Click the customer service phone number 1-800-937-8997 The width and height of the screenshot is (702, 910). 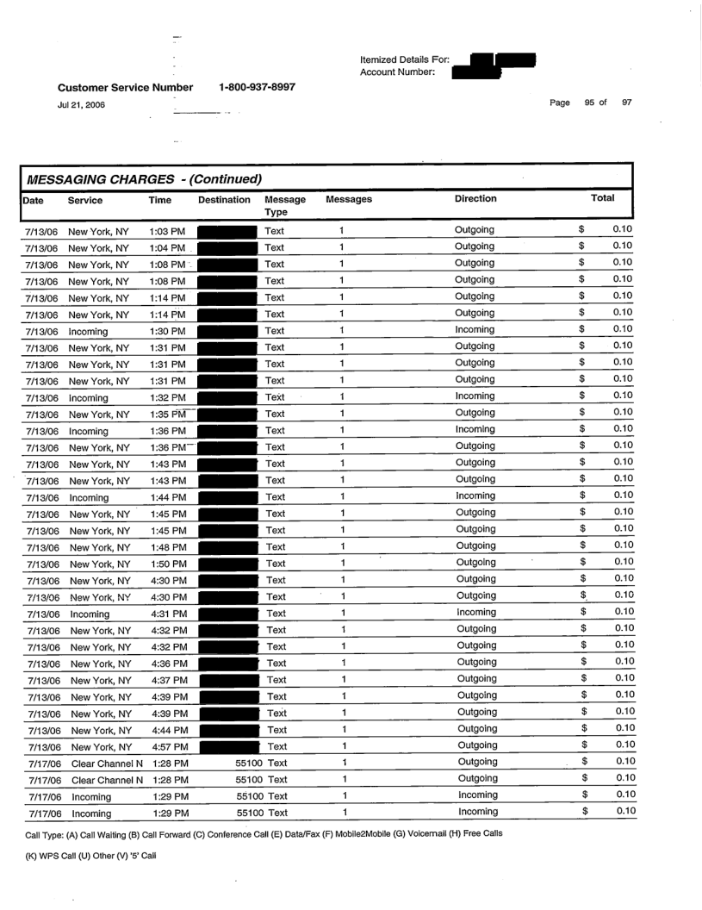pyautogui.click(x=258, y=86)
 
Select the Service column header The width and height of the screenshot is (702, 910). pyautogui.click(x=86, y=199)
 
